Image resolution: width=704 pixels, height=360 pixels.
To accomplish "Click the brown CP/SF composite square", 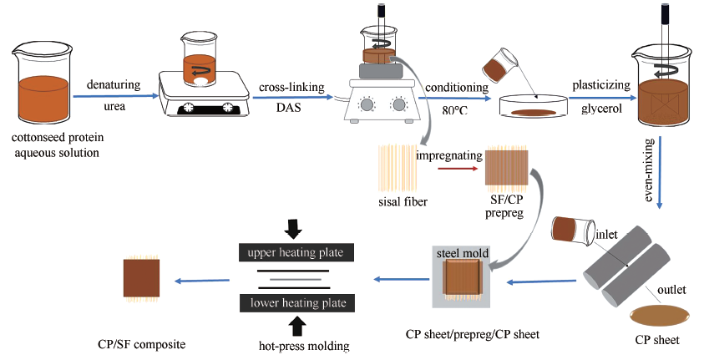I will (x=143, y=279).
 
